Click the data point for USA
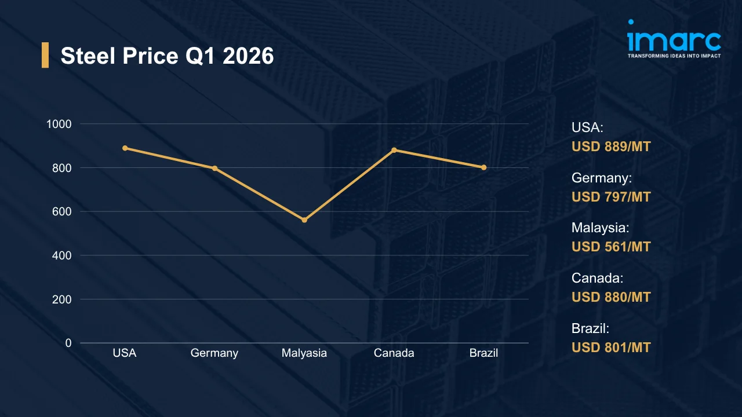125,148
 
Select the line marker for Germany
214,169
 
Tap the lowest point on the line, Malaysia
304,220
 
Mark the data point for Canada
394,150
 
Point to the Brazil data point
484,167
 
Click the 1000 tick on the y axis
59,124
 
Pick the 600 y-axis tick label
63,211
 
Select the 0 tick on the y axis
68,343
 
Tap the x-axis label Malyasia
304,353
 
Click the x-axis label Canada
394,353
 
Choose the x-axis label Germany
214,353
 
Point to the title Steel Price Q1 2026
167,56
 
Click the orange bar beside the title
45,55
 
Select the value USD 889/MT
611,147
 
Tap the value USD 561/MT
611,247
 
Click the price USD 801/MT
611,348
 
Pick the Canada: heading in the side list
597,278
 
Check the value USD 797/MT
611,197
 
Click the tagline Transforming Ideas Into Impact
674,56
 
